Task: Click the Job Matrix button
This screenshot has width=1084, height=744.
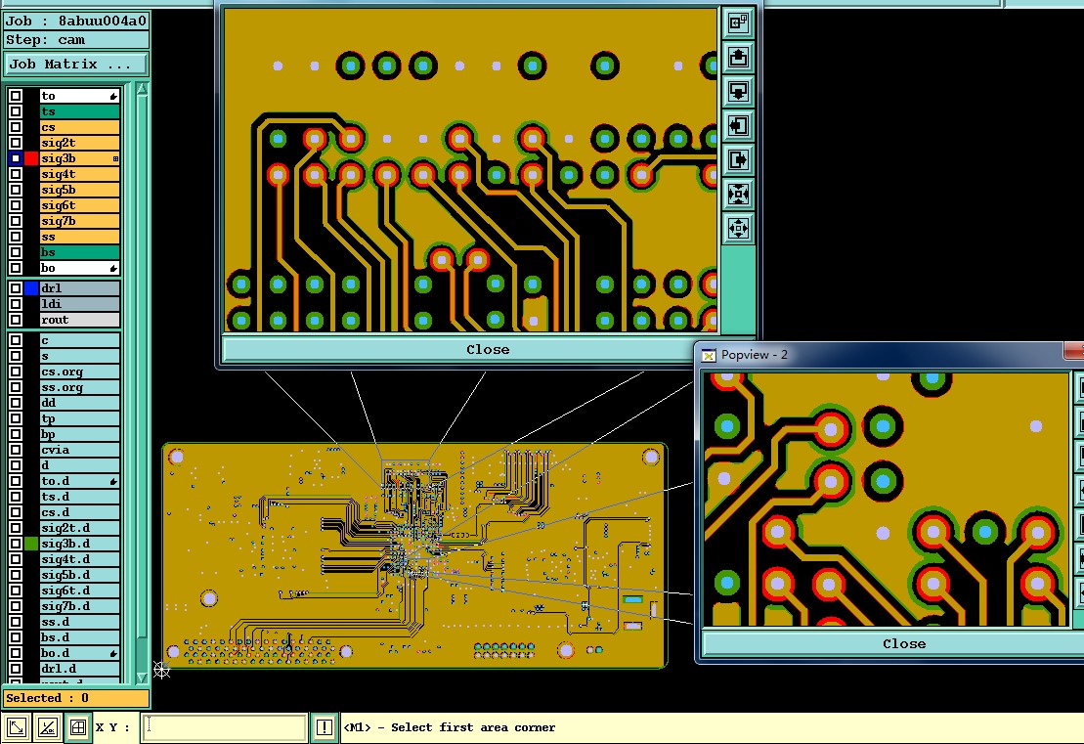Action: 76,65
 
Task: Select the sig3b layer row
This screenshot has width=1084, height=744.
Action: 79,158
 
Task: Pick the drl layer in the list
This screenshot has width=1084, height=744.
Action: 79,288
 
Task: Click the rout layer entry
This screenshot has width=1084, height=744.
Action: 79,320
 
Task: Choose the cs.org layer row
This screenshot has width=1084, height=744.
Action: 79,372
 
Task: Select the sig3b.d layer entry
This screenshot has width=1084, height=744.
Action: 79,545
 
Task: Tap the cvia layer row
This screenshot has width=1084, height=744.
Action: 79,450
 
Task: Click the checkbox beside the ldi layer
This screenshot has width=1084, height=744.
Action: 16,304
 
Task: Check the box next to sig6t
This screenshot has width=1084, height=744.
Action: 16,205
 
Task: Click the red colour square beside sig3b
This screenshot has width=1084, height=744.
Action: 31,158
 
